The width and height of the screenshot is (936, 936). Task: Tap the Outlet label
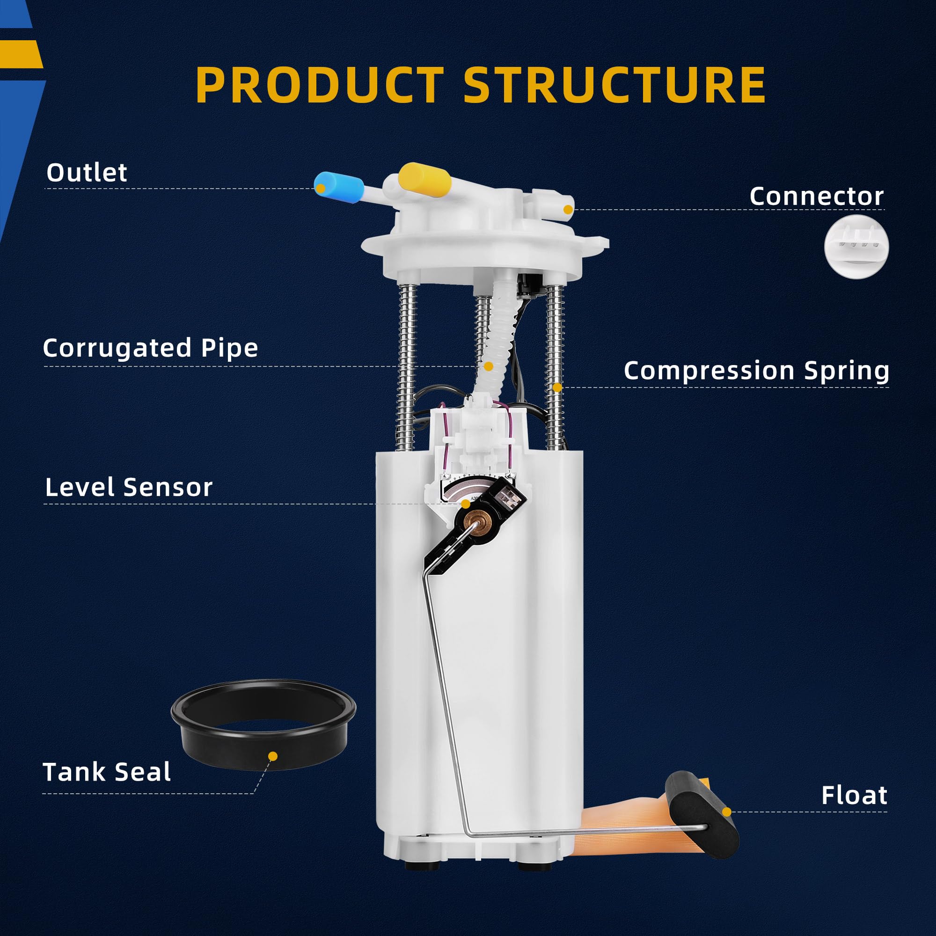[87, 173]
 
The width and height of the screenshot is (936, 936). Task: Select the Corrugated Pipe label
[151, 348]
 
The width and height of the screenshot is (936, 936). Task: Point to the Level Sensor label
[129, 487]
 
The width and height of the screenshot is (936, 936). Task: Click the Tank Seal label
[107, 772]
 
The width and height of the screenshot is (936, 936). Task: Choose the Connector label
[816, 196]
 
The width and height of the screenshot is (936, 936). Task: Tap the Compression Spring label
[756, 371]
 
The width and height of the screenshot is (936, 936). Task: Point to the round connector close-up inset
[856, 247]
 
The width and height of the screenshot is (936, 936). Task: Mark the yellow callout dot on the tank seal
[273, 756]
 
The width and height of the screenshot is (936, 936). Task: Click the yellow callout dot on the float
[726, 812]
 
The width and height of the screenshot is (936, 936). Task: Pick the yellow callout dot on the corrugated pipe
[488, 366]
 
